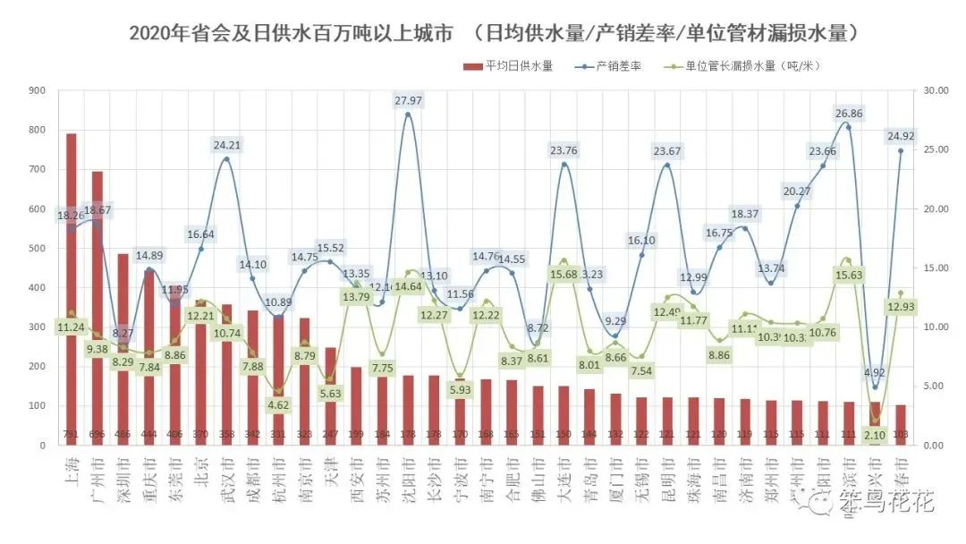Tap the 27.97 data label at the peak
tap(408, 100)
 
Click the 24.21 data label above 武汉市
tap(226, 145)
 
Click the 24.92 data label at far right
tap(900, 136)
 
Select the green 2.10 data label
tap(876, 435)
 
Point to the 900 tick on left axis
tap(38, 91)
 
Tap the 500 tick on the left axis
tap(38, 249)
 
